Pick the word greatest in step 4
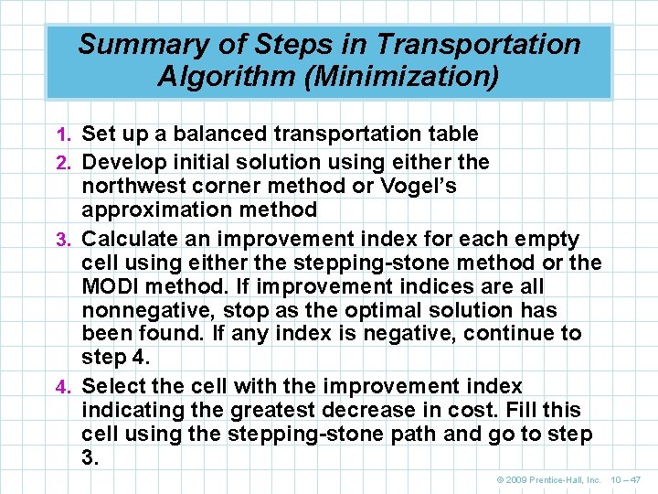point(271,410)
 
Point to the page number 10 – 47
point(625,479)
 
